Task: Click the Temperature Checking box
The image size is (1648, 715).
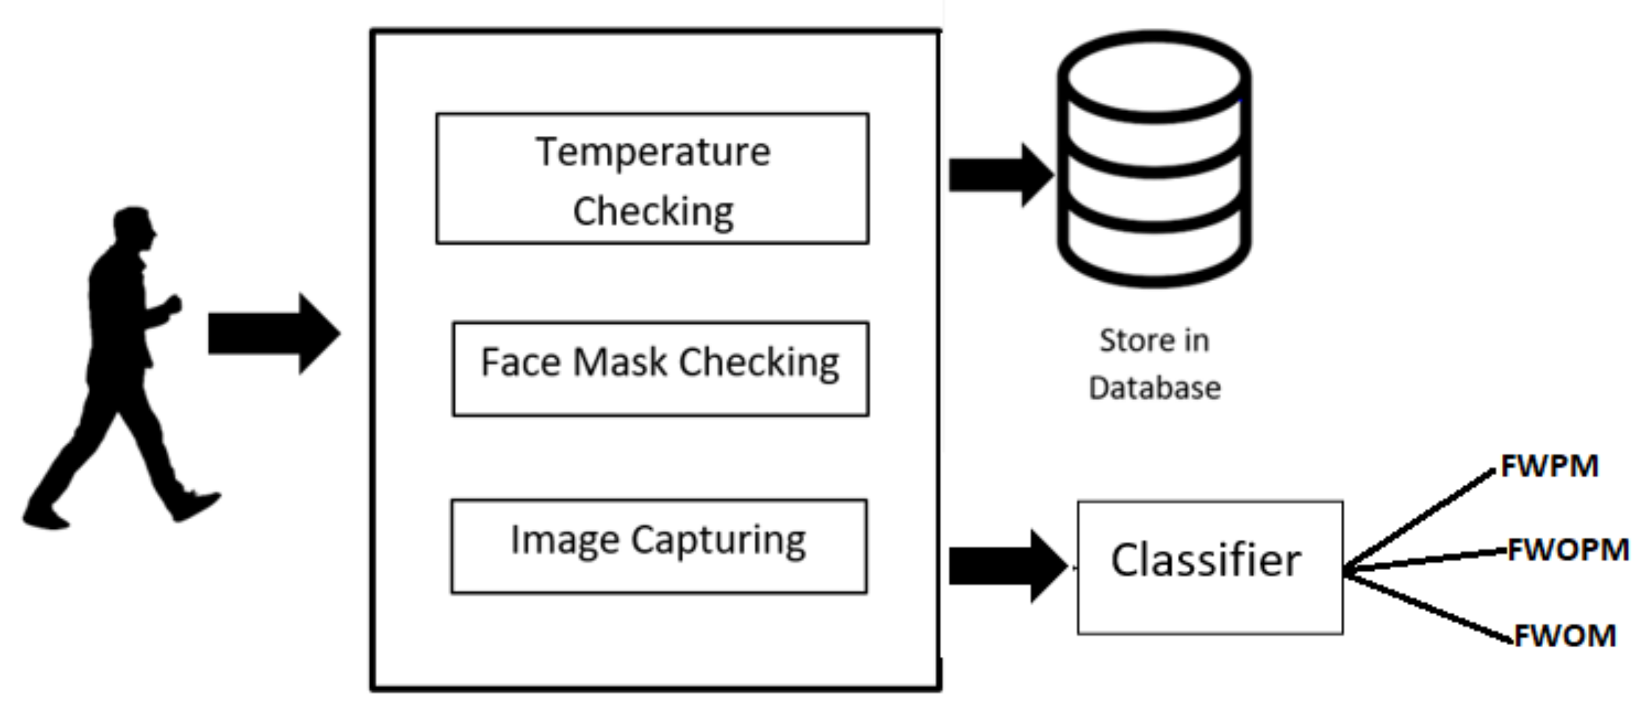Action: coord(652,179)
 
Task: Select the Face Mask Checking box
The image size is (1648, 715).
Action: coord(660,369)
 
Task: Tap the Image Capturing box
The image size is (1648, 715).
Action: coord(659,546)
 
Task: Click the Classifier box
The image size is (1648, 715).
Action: coord(1210,567)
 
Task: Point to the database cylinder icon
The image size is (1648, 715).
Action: coord(1154,159)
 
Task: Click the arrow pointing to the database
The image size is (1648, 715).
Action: coord(999,175)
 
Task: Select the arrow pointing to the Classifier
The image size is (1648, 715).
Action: coord(1005,566)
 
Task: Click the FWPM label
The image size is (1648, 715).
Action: coord(1549,467)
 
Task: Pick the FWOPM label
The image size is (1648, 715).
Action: coord(1568,550)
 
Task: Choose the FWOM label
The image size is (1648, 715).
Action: coord(1565,636)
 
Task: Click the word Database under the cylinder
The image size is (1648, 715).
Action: coord(1154,388)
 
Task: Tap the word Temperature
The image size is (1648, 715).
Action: coord(653,152)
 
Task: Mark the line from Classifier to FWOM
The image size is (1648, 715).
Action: coord(1427,606)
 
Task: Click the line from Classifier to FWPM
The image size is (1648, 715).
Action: coord(1421,519)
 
